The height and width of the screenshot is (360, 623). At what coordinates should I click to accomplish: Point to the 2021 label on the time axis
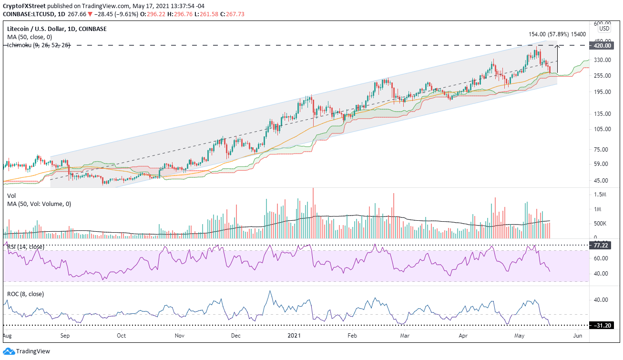click(293, 336)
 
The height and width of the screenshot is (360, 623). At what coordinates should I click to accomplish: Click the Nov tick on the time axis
click(179, 336)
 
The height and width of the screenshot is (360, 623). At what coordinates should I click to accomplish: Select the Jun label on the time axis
click(578, 336)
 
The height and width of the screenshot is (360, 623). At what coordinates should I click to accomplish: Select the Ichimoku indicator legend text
click(37, 45)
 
